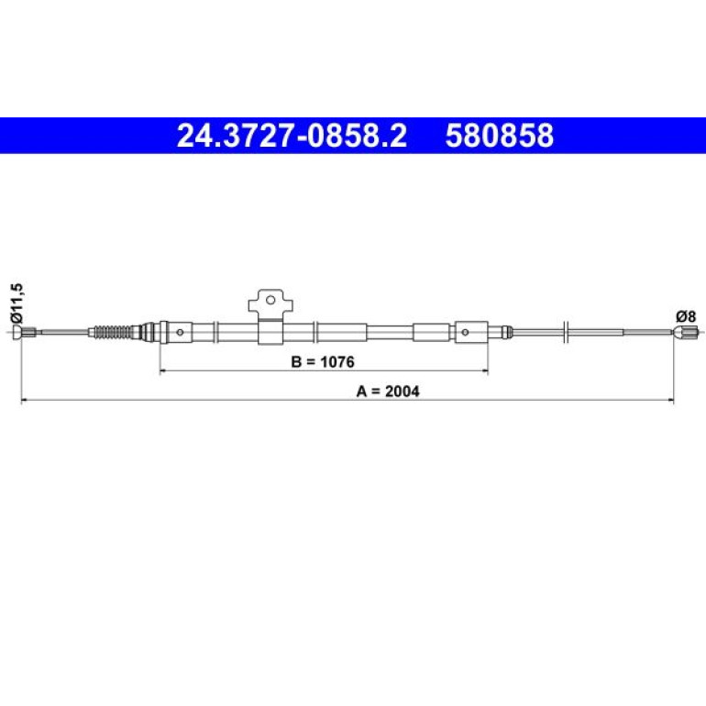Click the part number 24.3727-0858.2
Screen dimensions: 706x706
[292, 136]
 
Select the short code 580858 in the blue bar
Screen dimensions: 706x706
[500, 136]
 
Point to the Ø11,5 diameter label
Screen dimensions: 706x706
[17, 303]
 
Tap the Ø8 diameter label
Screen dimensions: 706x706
[686, 316]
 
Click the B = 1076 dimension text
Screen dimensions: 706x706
[323, 361]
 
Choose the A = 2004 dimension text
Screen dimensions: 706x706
[388, 392]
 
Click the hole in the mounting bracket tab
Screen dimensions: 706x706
[270, 300]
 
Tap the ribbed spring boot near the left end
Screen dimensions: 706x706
[113, 332]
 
